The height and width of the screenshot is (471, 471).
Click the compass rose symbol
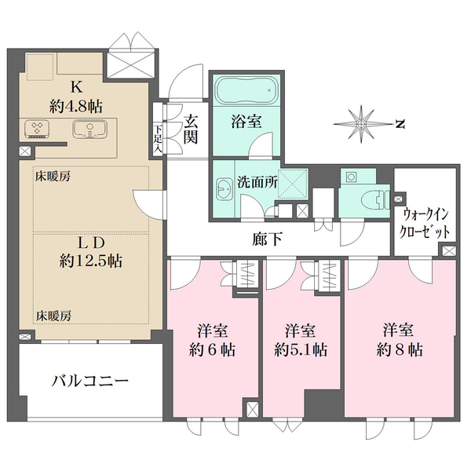pos(363,123)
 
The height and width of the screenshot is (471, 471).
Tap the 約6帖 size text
pos(213,349)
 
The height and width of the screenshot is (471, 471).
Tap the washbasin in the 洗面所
pos(221,185)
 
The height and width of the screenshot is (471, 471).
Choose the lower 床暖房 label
pos(53,316)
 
